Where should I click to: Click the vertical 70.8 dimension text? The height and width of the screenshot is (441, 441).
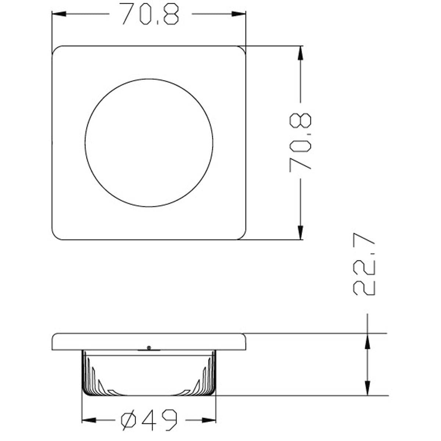click(x=301, y=141)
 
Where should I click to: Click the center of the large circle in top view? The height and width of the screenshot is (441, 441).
click(x=149, y=143)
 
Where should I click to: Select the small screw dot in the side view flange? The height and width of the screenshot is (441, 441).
click(x=148, y=347)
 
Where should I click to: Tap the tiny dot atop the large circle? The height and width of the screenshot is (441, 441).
click(x=148, y=79)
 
